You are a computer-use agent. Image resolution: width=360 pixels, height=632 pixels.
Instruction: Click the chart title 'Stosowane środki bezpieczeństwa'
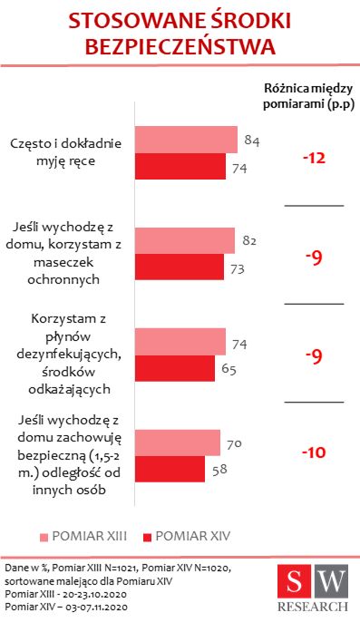180,33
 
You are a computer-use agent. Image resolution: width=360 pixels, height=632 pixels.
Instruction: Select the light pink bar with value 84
187,140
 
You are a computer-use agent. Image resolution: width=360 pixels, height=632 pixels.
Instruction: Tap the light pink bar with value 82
185,240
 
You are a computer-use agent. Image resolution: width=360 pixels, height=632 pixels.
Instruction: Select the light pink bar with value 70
178,442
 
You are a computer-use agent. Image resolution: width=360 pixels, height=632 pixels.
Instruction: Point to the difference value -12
314,159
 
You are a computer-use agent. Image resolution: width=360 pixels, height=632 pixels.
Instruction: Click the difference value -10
314,452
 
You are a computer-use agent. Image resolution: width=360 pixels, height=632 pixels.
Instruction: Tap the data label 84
253,140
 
